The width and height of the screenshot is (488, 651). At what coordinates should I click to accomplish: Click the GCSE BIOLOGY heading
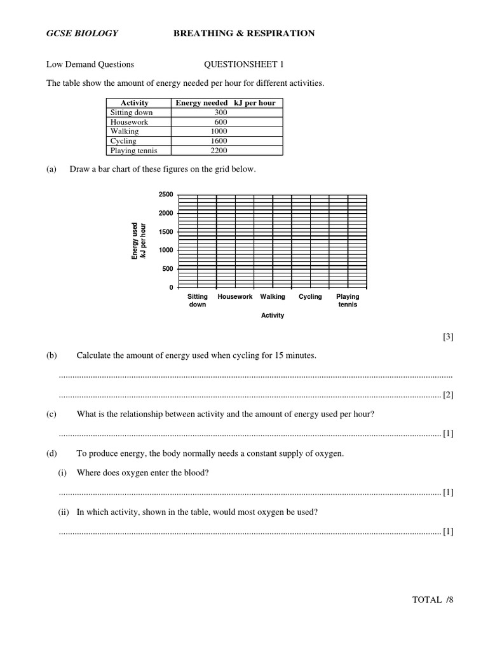coord(81,33)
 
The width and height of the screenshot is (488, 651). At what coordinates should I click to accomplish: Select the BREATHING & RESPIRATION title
coord(244,33)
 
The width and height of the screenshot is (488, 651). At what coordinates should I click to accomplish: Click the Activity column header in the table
coord(134,103)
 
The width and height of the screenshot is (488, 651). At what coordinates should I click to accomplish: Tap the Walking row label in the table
coord(125,132)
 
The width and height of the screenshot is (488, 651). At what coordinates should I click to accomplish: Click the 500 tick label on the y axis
coord(167,269)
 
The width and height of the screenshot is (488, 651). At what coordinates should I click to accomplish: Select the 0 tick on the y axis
coord(170,288)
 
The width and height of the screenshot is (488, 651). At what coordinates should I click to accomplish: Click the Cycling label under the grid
coord(310,297)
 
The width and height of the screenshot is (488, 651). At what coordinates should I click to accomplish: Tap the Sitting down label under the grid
coord(198,301)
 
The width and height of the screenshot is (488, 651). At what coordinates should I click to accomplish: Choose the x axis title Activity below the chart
coord(273,316)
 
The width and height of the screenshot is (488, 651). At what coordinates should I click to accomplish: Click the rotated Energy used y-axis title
coord(138,240)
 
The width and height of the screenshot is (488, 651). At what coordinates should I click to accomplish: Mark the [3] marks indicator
coord(448,337)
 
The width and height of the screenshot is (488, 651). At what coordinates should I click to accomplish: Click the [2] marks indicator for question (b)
coord(448,395)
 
